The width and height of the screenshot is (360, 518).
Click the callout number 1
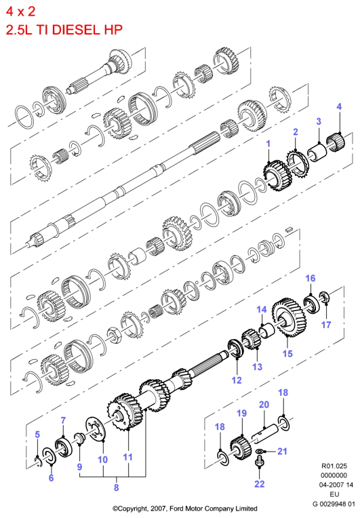pos(268,144)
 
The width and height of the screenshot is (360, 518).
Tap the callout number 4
pos(339,106)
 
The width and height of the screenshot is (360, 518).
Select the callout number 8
pos(116,487)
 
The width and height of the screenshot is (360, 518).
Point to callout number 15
pos(287,353)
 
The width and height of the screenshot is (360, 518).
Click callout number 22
pos(259,483)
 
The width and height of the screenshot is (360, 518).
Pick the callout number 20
pos(264,404)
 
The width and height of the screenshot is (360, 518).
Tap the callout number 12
pos(237,380)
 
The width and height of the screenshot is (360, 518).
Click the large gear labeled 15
pos(289,317)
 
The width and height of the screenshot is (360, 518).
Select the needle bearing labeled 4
pos(336,142)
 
